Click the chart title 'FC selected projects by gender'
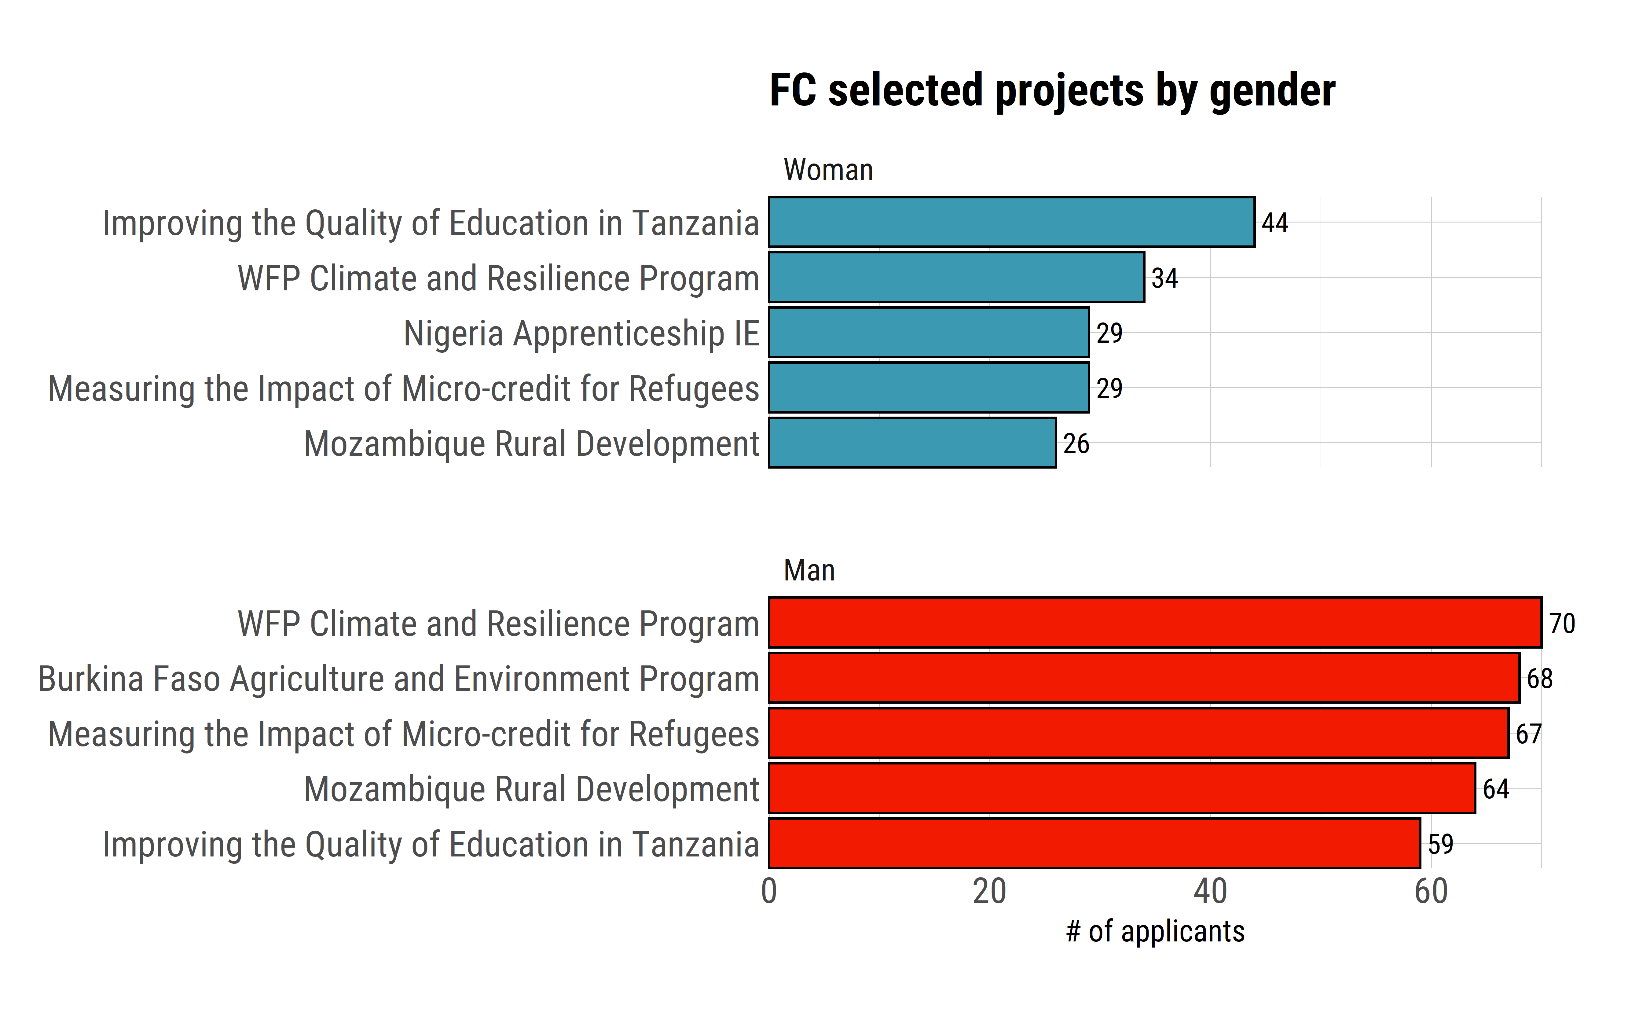(1052, 91)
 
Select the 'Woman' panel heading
(828, 170)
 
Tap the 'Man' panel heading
(809, 571)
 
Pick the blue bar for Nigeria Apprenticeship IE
(929, 333)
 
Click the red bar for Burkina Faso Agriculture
(1144, 678)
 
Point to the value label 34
(1164, 278)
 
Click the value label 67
(1529, 734)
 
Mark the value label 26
(1076, 444)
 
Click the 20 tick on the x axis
(989, 892)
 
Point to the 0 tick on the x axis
(769, 892)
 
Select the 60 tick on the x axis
(1431, 892)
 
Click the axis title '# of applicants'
(1155, 932)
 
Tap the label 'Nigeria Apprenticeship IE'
(581, 333)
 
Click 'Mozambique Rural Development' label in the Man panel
(531, 789)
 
